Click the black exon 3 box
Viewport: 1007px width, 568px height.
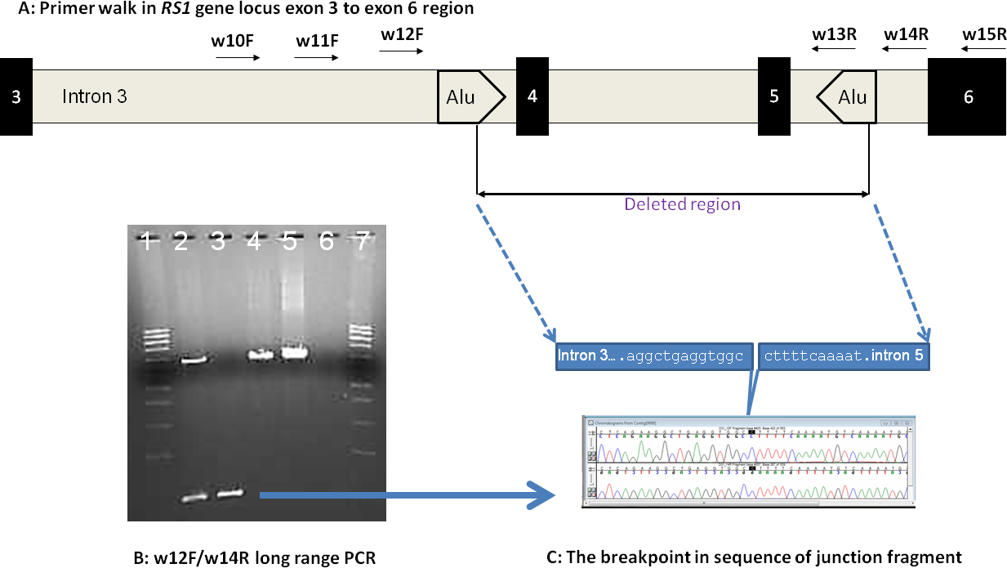pos(16,96)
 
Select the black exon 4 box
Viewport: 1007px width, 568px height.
pos(532,96)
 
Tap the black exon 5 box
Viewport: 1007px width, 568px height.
pos(773,96)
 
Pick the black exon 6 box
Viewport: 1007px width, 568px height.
pos(968,96)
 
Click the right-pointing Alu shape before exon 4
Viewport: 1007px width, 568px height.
pos(470,96)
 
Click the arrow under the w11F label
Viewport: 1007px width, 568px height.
pos(316,59)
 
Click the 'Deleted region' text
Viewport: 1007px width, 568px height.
pos(682,204)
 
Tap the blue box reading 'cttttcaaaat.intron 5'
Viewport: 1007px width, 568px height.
pos(844,356)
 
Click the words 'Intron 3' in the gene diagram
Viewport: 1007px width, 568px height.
pos(95,96)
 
